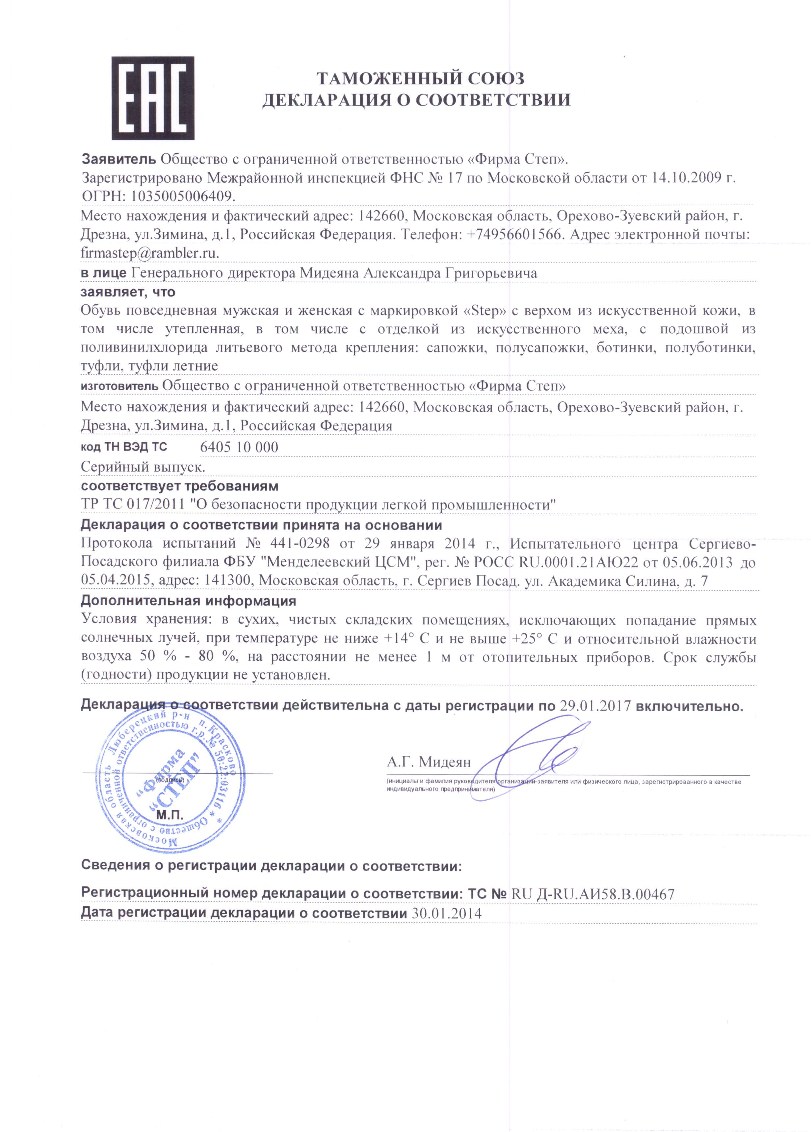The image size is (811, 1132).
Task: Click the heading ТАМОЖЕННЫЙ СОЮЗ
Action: pyautogui.click(x=421, y=79)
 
